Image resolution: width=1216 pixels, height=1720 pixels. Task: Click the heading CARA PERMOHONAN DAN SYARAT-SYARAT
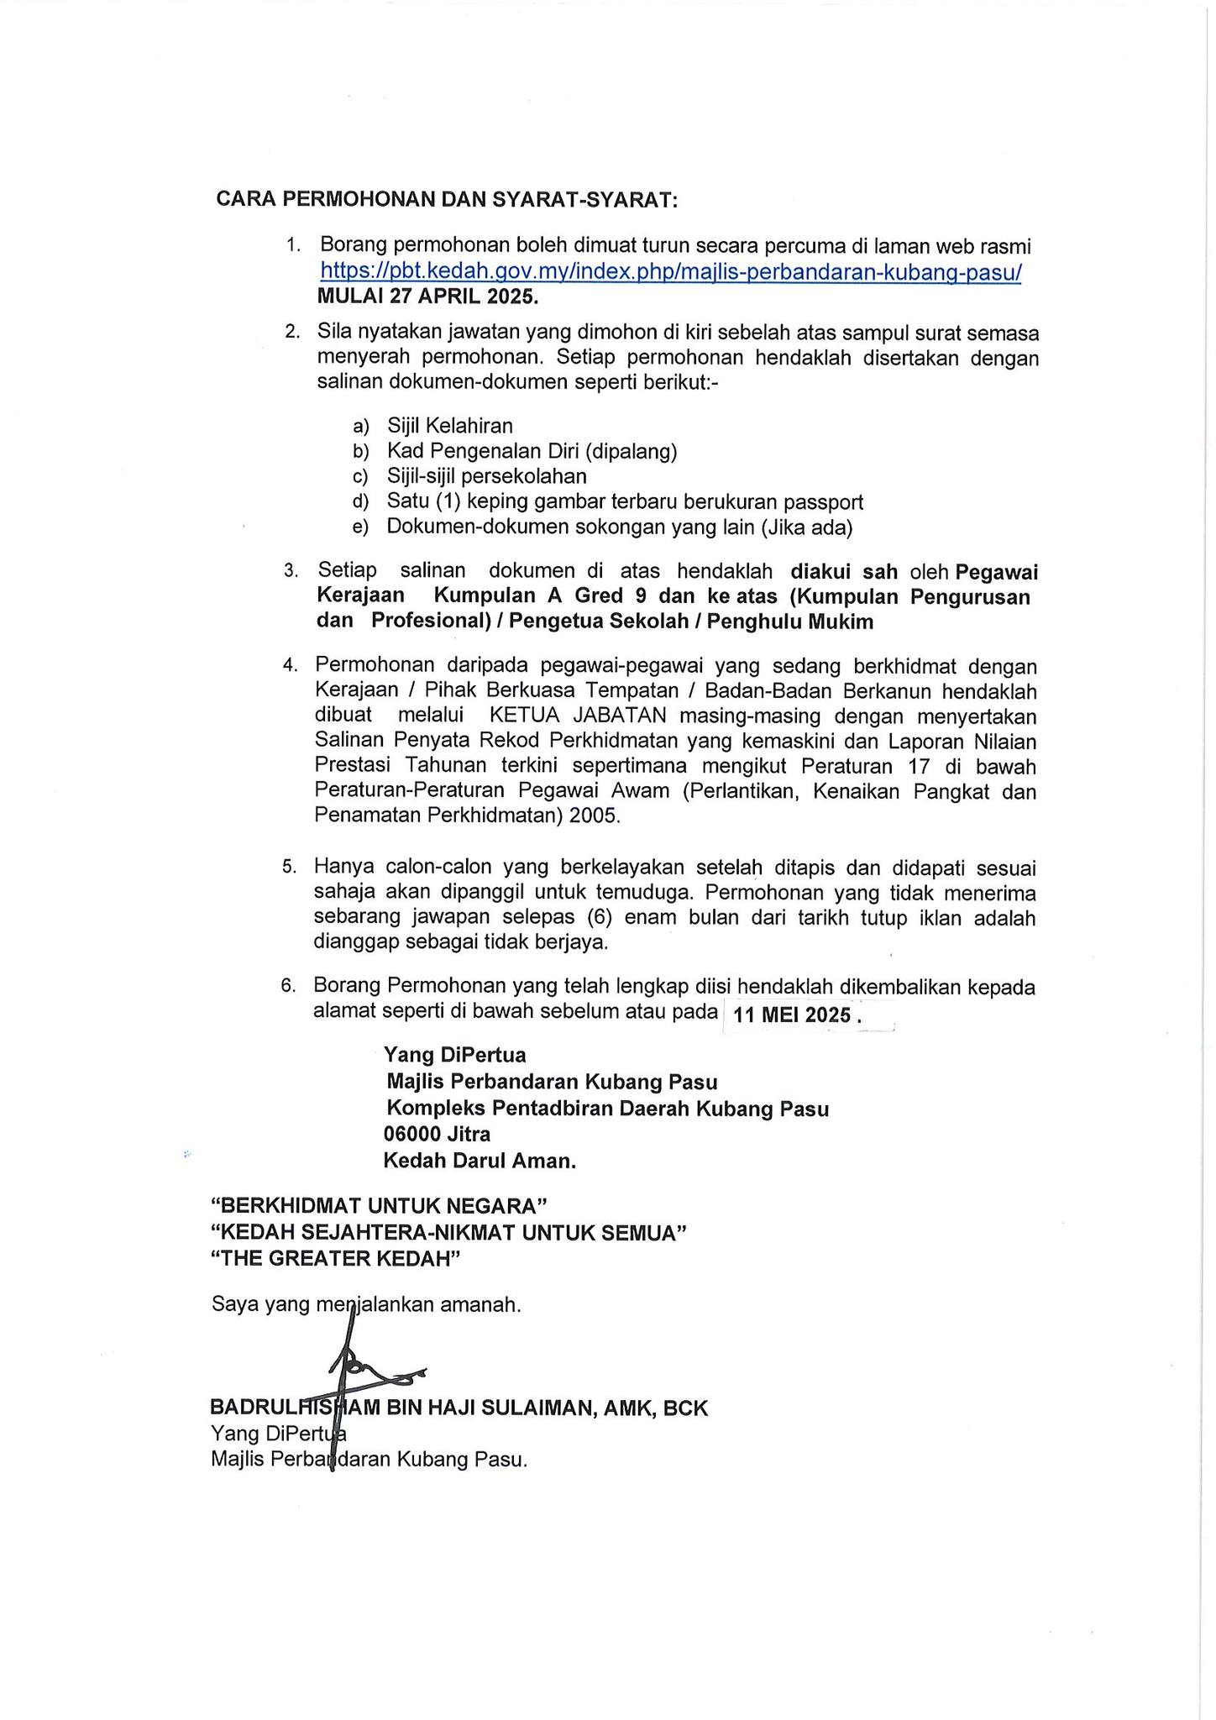point(447,200)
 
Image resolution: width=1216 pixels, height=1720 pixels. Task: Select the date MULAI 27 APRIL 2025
point(427,296)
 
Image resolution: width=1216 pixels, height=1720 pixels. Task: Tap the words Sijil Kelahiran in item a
point(449,426)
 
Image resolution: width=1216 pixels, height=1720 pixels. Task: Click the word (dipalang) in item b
point(632,451)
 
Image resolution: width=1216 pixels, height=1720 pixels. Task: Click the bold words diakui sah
point(844,572)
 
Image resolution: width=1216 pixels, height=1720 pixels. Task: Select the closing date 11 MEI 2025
point(792,1015)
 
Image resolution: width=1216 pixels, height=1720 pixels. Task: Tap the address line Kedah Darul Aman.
point(480,1161)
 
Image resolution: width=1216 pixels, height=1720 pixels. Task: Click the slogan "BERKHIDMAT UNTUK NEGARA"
point(379,1206)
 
